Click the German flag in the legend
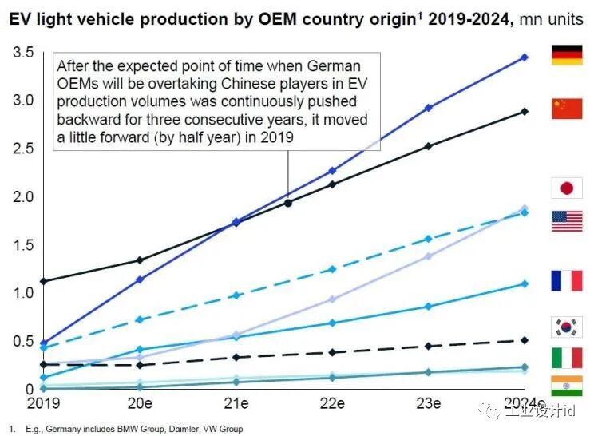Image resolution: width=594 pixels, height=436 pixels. click(x=567, y=55)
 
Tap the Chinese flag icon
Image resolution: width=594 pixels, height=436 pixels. click(x=567, y=109)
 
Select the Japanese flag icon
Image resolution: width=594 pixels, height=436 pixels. click(x=567, y=188)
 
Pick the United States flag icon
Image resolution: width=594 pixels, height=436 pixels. click(x=567, y=221)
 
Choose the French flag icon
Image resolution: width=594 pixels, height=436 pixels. click(x=567, y=281)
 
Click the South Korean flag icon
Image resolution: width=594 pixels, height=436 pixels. click(x=567, y=327)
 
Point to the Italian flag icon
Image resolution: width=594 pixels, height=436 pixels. click(x=567, y=358)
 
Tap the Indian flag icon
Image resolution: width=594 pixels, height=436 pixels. click(x=567, y=386)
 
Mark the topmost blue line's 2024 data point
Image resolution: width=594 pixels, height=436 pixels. click(x=525, y=57)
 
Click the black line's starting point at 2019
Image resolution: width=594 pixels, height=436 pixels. click(x=43, y=282)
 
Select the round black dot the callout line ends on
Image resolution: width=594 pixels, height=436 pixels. click(x=288, y=203)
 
